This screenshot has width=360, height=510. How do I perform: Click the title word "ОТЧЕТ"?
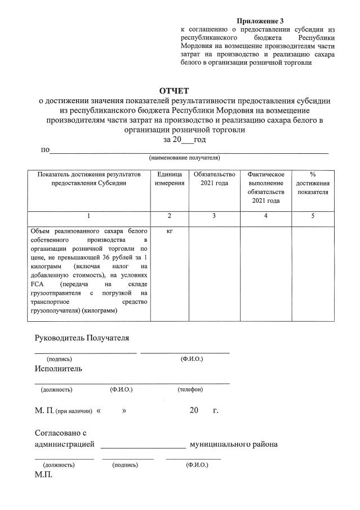tap(174, 91)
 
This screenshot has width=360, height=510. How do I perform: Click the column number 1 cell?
tap(88, 216)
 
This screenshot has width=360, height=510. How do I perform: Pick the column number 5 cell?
tap(313, 216)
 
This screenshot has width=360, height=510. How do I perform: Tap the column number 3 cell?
tap(214, 216)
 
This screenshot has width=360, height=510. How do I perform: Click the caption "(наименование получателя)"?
tap(184, 158)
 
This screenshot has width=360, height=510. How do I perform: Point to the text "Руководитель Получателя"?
tap(82, 338)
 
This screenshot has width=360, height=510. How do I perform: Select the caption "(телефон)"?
tap(190, 389)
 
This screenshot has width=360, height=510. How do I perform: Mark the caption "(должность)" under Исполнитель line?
tap(56, 389)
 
